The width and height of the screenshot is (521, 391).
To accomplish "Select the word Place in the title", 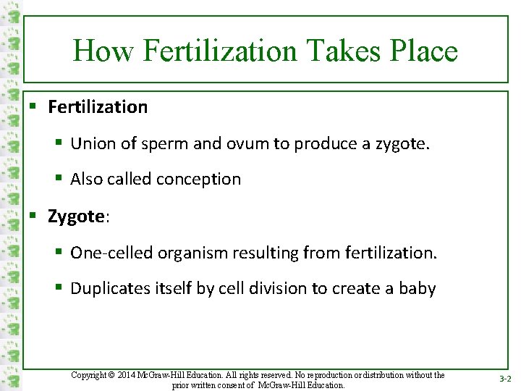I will (x=423, y=51).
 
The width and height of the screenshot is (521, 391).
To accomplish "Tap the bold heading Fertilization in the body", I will (x=98, y=107).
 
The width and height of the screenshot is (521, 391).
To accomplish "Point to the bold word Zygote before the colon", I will (x=76, y=216).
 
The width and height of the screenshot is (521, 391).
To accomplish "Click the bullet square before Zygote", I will (x=33, y=216).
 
